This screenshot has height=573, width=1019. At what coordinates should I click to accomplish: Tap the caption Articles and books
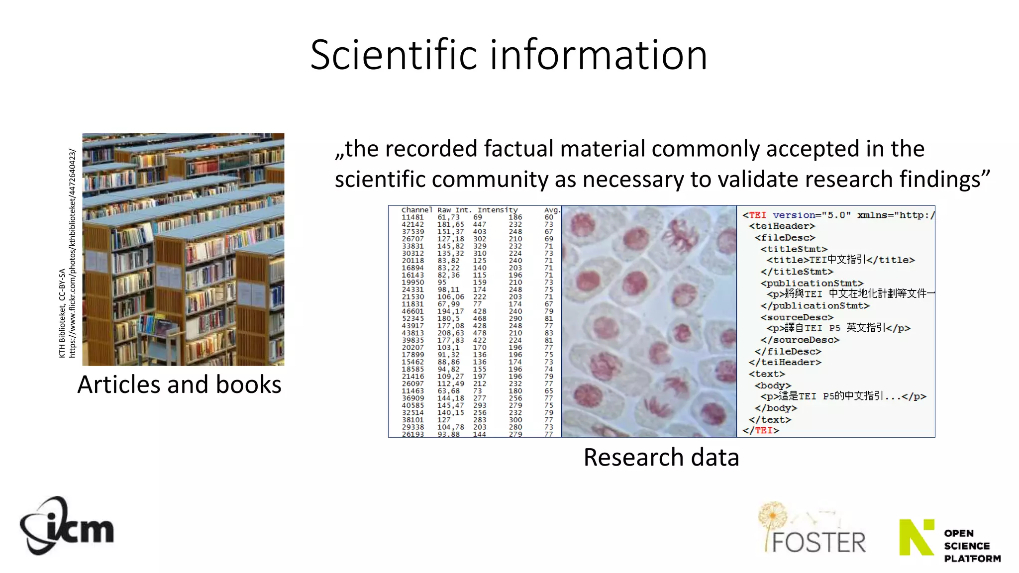point(179,384)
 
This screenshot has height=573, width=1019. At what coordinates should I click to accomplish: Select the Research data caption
point(661,457)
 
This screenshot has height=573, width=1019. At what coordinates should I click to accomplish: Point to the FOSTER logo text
point(818,542)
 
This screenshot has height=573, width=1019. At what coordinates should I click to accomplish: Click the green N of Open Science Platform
point(916,538)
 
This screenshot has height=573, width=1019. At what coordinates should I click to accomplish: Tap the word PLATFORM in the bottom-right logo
point(972,559)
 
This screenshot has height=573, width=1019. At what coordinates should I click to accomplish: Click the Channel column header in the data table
point(416,210)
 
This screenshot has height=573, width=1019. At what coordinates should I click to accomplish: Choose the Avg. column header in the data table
point(552,210)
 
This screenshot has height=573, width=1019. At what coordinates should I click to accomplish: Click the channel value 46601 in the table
point(412,311)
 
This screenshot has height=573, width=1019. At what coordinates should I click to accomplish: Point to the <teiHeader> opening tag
point(782,226)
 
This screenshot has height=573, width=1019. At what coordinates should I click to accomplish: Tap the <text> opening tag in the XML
point(766,374)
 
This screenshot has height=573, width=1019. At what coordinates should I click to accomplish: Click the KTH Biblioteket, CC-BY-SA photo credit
point(62,313)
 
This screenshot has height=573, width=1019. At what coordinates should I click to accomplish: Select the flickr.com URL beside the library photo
point(72,253)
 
